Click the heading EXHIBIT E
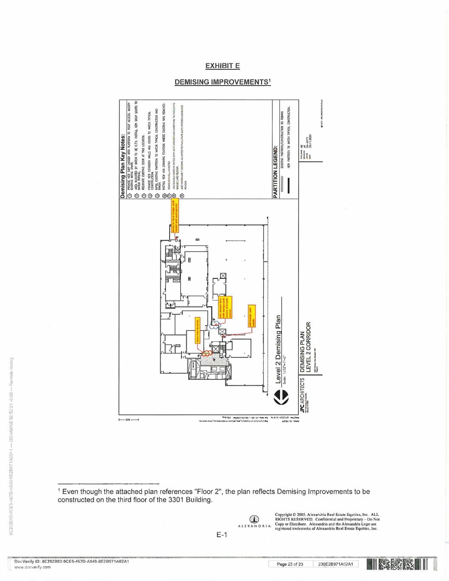(x=222, y=66)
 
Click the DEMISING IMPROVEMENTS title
(x=222, y=82)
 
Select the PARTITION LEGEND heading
(x=275, y=172)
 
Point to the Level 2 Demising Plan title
(x=278, y=349)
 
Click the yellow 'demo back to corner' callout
(x=198, y=330)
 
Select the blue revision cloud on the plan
(x=214, y=328)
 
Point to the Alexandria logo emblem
(x=254, y=519)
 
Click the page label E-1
(x=221, y=535)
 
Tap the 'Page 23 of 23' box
(x=290, y=564)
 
